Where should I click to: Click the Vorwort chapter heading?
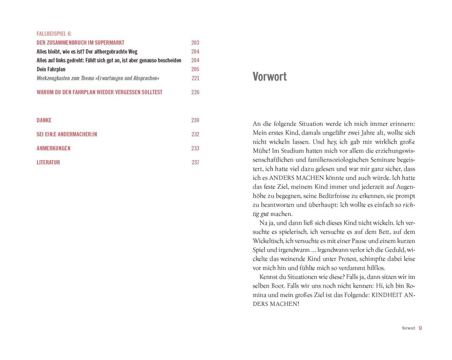tap(269, 77)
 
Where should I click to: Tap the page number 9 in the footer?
tap(420, 328)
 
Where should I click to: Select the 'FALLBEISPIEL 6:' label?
tap(54, 34)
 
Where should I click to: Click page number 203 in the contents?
tap(195, 43)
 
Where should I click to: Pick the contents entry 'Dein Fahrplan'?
tap(51, 69)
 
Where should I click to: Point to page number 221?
tap(195, 78)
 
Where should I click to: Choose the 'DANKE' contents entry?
tap(44, 120)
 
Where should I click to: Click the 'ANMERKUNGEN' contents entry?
tap(53, 148)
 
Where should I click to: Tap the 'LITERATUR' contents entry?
tap(48, 162)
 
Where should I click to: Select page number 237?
tap(195, 162)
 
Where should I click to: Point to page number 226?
tap(195, 92)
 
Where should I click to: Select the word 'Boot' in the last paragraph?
tap(277, 286)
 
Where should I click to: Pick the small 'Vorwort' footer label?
tap(408, 328)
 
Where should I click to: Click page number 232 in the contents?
tap(195, 134)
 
